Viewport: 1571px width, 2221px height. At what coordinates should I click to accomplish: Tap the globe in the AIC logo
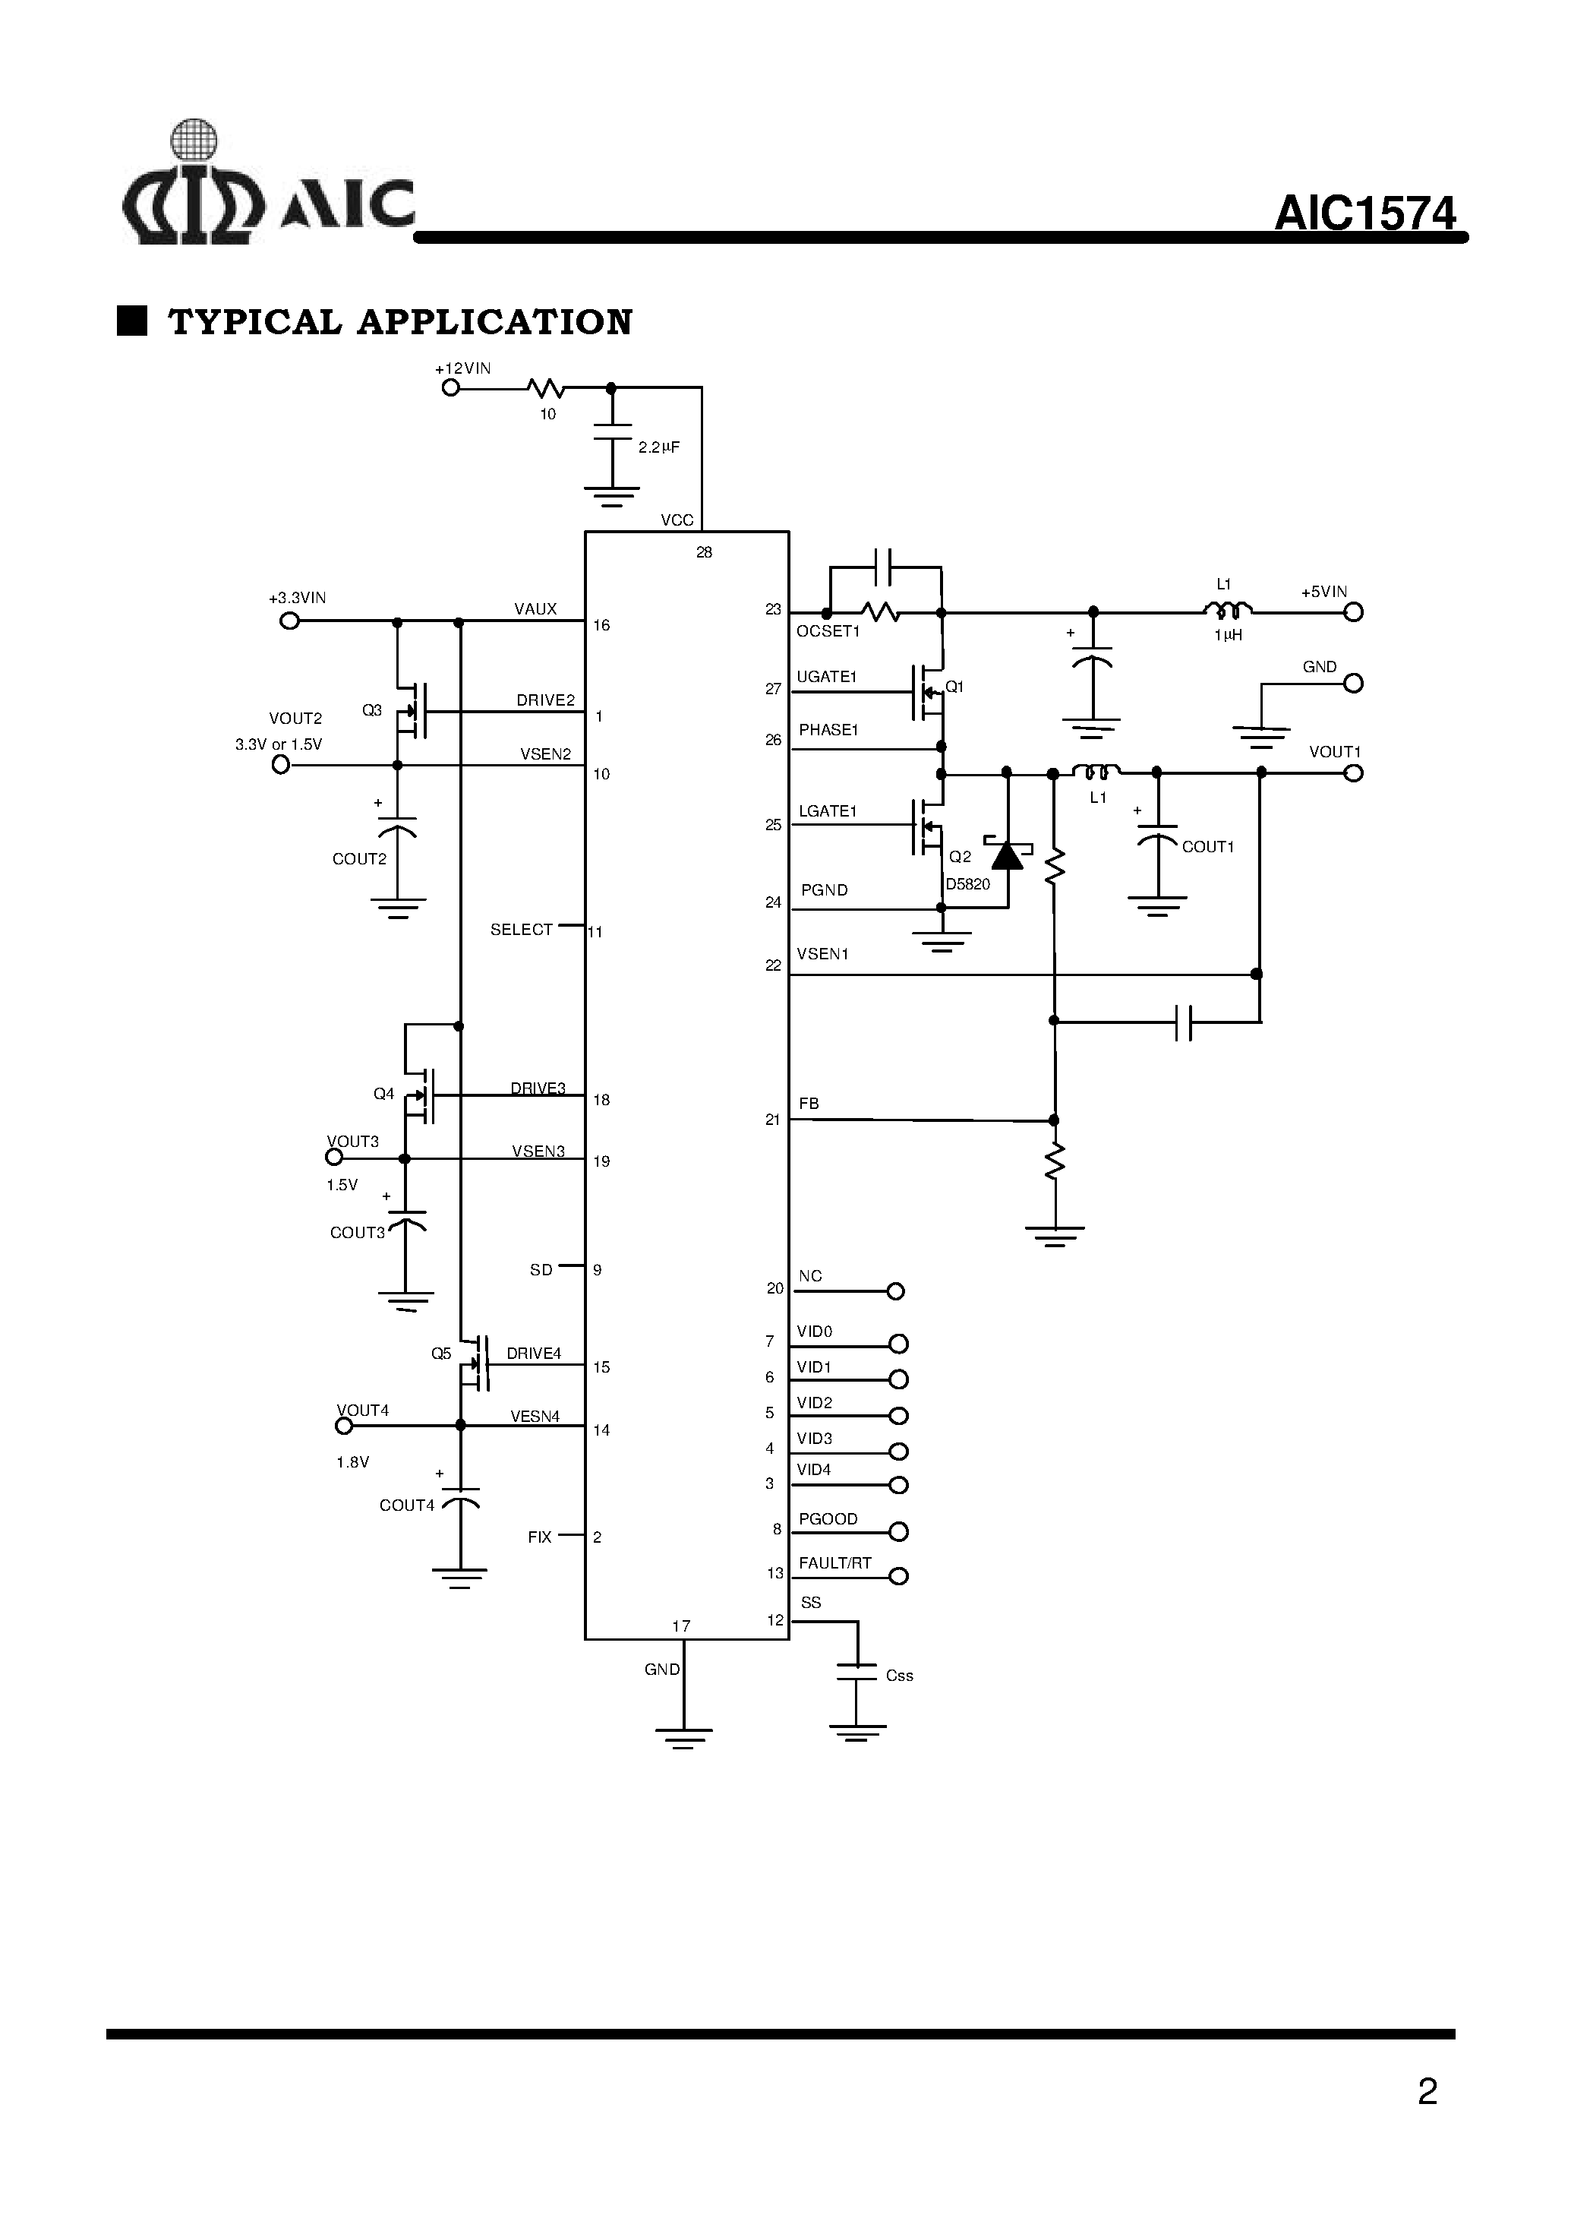click(x=194, y=141)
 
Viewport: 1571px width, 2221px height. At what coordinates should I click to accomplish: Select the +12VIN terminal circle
click(x=450, y=388)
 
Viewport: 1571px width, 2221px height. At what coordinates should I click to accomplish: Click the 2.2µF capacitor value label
click(x=659, y=447)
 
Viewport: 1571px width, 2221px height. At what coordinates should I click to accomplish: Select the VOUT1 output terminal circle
click(x=1353, y=772)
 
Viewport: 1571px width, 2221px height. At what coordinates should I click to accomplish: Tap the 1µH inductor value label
click(x=1228, y=635)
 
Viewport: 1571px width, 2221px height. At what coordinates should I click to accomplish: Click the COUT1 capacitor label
click(x=1208, y=847)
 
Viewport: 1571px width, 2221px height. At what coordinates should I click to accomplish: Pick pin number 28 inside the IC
click(x=704, y=551)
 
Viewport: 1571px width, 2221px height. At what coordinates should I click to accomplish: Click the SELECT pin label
click(x=522, y=929)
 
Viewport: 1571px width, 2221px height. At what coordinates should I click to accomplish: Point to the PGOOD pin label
click(x=828, y=1518)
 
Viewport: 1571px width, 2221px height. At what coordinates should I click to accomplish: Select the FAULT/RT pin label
click(x=834, y=1563)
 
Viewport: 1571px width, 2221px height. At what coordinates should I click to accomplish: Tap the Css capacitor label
click(x=900, y=1675)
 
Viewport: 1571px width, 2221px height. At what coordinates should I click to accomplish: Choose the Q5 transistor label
click(x=441, y=1353)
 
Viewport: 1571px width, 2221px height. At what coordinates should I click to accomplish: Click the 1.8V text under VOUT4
click(x=353, y=1461)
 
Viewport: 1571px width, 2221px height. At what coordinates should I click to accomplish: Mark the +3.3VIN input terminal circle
click(x=289, y=621)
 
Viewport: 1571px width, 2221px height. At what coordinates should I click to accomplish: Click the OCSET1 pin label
click(x=828, y=631)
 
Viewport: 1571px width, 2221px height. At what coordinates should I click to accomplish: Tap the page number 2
click(x=1427, y=2093)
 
